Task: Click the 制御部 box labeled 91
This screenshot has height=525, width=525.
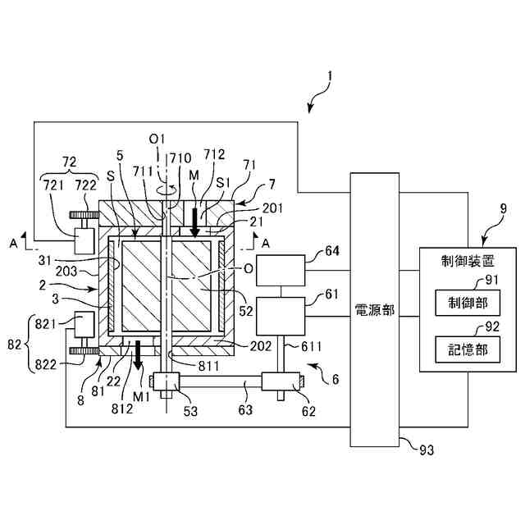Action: pyautogui.click(x=468, y=303)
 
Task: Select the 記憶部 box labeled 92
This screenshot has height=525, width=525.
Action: pyautogui.click(x=468, y=349)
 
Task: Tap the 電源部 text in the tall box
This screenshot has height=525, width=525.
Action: pyautogui.click(x=375, y=310)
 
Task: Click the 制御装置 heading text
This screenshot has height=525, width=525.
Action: pyautogui.click(x=468, y=261)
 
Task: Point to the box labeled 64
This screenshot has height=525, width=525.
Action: pyautogui.click(x=281, y=270)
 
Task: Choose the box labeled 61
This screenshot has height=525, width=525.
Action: pyautogui.click(x=281, y=316)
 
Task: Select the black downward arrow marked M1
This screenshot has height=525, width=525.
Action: pyautogui.click(x=138, y=355)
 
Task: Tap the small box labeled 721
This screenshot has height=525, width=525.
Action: pyautogui.click(x=84, y=241)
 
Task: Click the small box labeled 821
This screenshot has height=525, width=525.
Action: pyautogui.click(x=84, y=325)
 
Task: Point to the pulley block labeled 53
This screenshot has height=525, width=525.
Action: pyautogui.click(x=167, y=381)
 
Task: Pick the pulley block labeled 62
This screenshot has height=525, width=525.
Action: pyautogui.click(x=281, y=381)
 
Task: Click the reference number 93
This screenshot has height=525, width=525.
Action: pyautogui.click(x=427, y=450)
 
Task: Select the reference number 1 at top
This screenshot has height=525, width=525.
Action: pyautogui.click(x=330, y=76)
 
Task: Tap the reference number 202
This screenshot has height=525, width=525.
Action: pyautogui.click(x=261, y=346)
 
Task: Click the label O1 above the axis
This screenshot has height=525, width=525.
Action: pyautogui.click(x=157, y=139)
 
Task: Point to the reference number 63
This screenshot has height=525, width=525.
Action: pyautogui.click(x=245, y=409)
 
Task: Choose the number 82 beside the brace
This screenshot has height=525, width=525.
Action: pyautogui.click(x=14, y=345)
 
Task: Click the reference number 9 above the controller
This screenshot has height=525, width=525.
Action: pyautogui.click(x=503, y=209)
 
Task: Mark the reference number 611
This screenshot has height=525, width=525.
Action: pyautogui.click(x=312, y=346)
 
